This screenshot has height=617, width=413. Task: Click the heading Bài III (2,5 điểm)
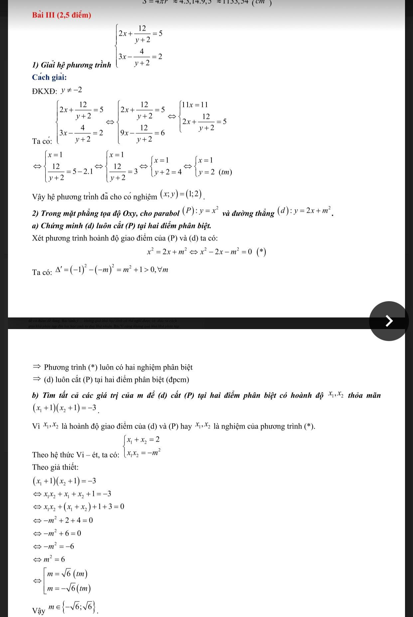[x=62, y=15]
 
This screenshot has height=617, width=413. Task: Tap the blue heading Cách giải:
[x=49, y=77]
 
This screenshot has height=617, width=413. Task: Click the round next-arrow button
[x=388, y=321]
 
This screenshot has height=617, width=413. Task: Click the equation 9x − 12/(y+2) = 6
[x=143, y=133]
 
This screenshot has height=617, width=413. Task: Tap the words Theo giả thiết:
[x=55, y=467]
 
